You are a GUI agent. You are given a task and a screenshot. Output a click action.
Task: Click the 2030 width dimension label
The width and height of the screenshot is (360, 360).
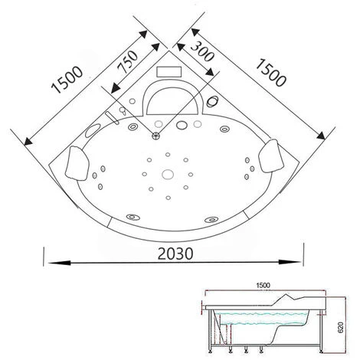pos(175,254)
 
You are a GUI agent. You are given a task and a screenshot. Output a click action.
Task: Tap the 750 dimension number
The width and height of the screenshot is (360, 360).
pos(128,62)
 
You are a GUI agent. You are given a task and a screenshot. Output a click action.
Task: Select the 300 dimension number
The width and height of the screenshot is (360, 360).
pos(202,52)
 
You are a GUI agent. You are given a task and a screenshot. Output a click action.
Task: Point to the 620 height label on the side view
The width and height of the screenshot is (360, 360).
pos(340,327)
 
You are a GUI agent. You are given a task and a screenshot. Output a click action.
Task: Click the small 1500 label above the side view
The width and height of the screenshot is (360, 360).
pos(263,285)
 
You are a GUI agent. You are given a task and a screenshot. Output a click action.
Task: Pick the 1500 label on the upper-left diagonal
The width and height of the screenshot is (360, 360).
pos(67,80)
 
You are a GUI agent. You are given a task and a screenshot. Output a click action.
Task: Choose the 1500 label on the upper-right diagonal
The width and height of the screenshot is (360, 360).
pos(270,73)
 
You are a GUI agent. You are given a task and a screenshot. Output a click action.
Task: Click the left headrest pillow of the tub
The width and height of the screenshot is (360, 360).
pos(77,163)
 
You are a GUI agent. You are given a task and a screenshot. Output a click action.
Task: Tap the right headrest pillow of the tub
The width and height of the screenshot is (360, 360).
pos(271,155)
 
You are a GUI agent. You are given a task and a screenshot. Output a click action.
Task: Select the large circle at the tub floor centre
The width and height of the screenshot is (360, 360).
pos(168,175)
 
